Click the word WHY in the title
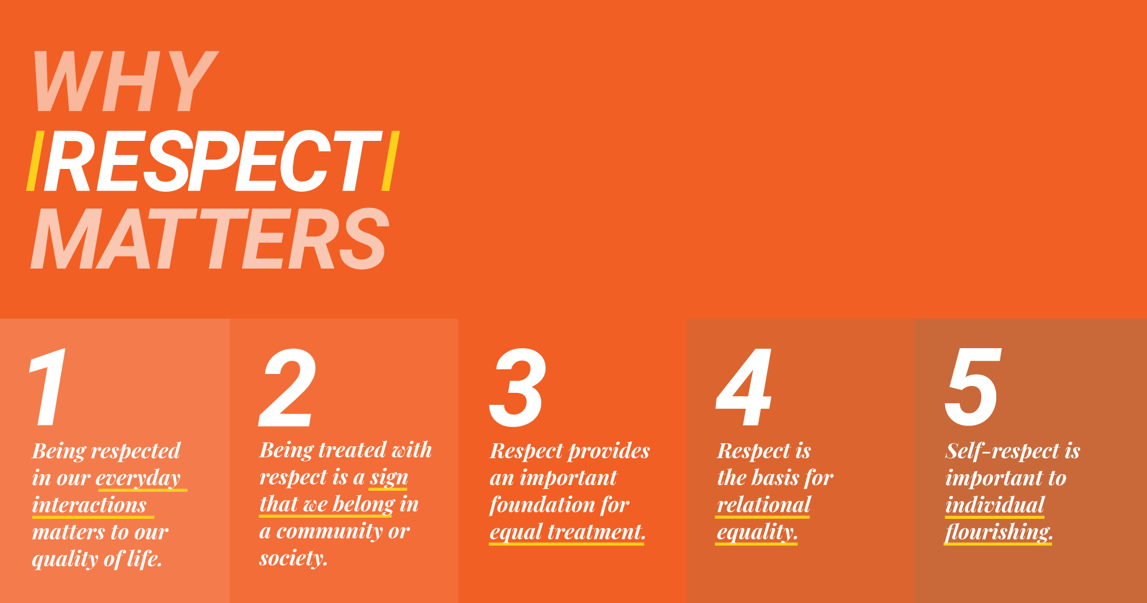click(x=125, y=81)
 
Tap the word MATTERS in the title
click(x=210, y=239)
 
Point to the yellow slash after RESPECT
click(x=390, y=161)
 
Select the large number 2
click(x=288, y=387)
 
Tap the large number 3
click(x=517, y=388)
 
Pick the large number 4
click(x=744, y=387)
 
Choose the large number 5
click(x=973, y=388)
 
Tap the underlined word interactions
click(x=89, y=505)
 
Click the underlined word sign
click(x=389, y=478)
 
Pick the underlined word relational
click(x=764, y=505)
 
